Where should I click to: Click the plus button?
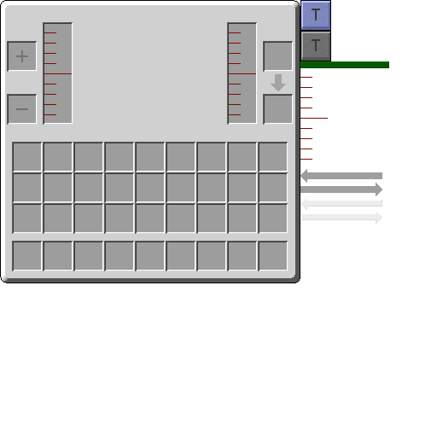[22, 56]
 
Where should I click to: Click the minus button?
[22, 109]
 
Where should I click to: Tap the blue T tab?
[316, 15]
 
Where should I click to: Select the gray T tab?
[316, 46]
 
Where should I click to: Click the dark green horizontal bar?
[345, 65]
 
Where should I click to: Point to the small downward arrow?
[278, 83]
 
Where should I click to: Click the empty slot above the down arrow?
[277, 56]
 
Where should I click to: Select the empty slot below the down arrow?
[277, 109]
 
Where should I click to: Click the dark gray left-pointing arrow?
[341, 176]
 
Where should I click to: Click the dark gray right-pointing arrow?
[341, 189]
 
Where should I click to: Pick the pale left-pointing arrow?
[341, 203]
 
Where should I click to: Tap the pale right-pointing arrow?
[341, 218]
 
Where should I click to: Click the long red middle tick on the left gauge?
[58, 73]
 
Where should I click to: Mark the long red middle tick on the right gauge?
[242, 73]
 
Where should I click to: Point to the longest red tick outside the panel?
[314, 118]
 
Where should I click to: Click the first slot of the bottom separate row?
[27, 256]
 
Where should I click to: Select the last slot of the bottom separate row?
[273, 256]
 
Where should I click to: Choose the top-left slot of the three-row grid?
[27, 157]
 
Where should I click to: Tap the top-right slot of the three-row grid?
[273, 157]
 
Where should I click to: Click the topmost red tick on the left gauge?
[50, 32]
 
